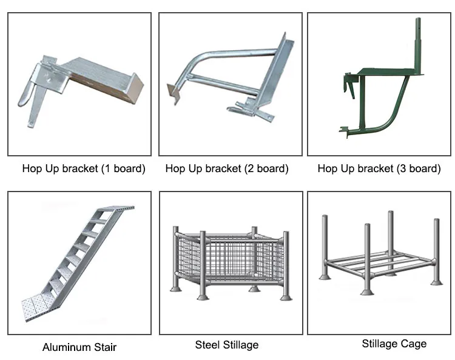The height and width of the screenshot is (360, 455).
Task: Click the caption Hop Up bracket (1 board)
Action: (84, 169)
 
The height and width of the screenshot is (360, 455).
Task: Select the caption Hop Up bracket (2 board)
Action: (227, 169)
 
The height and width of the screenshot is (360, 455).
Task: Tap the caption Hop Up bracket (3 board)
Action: (379, 169)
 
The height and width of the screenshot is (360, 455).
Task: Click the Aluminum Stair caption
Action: (79, 347)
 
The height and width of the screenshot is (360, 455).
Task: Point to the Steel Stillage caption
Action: (226, 345)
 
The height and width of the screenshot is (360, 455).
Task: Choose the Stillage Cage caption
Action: (394, 344)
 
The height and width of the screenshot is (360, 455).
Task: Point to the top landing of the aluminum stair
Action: (118, 209)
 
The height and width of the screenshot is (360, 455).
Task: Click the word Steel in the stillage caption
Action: (207, 345)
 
